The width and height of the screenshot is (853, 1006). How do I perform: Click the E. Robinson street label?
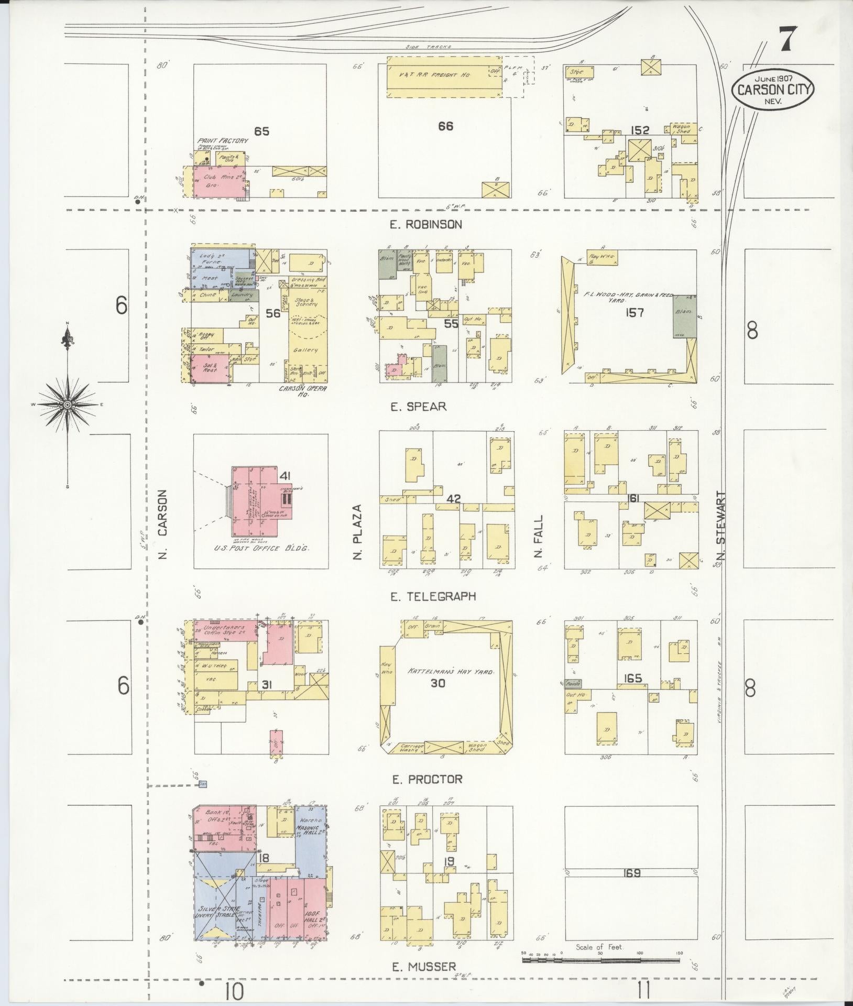(425, 224)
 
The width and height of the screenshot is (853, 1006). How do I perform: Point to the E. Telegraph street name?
(433, 596)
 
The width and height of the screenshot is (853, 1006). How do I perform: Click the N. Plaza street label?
(358, 532)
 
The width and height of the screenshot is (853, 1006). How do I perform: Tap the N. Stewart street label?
(721, 526)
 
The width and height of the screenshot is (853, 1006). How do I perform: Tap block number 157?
(634, 313)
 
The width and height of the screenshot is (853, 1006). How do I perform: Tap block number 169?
(632, 873)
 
